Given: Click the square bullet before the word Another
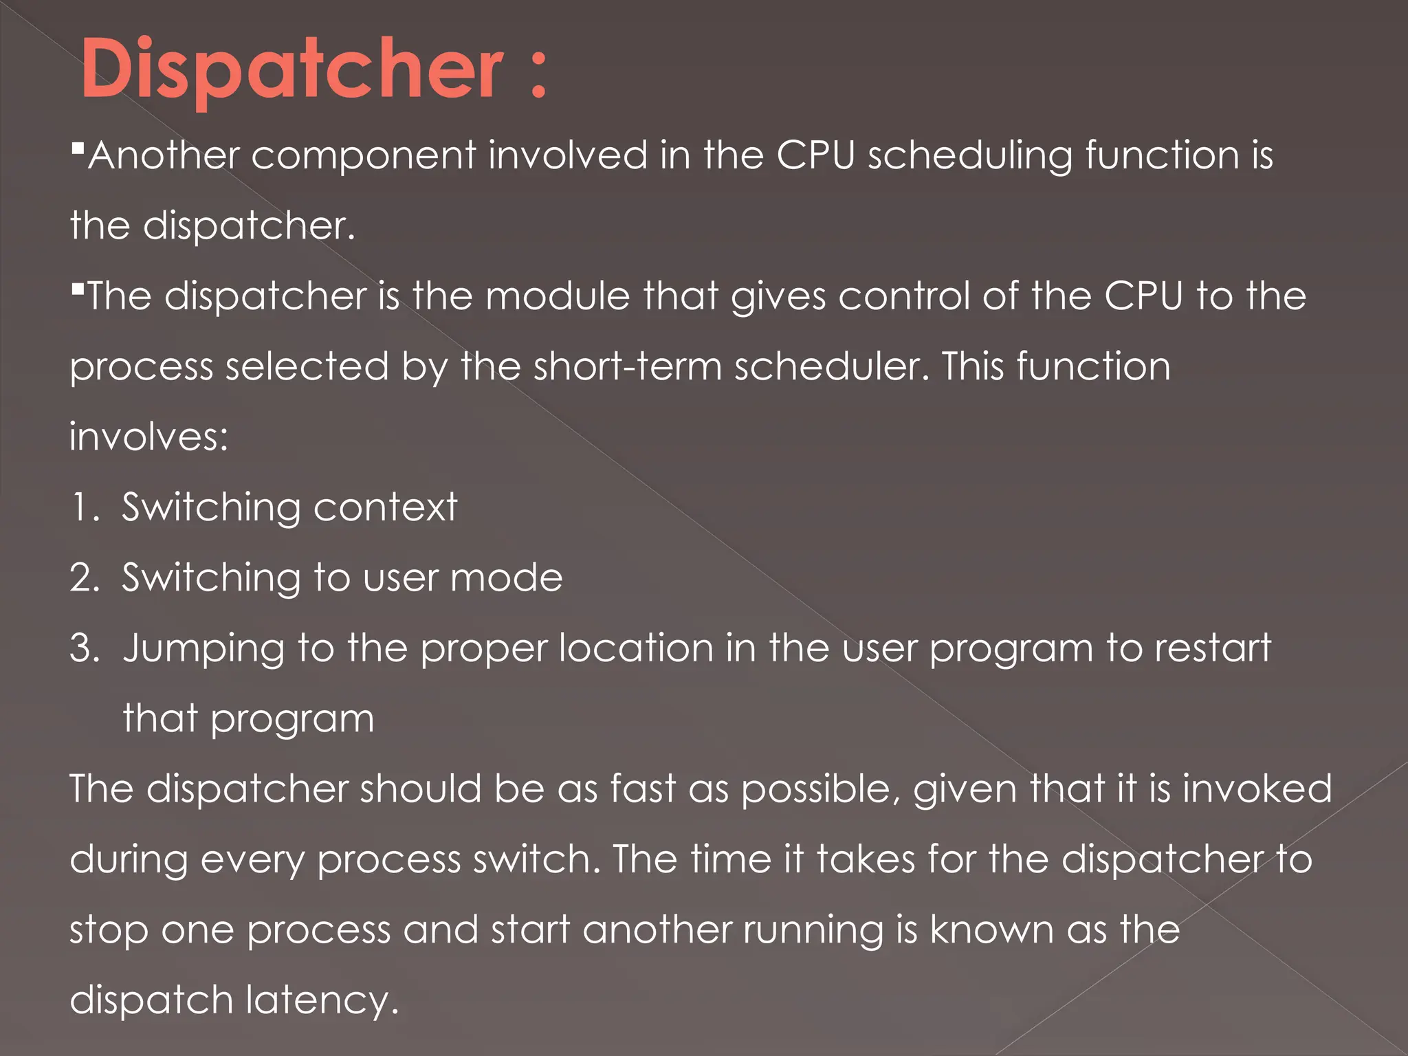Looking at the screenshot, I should point(77,147).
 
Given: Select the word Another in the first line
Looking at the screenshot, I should point(163,155).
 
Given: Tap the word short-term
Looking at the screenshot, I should point(627,366).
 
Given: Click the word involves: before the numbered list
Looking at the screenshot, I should point(148,437).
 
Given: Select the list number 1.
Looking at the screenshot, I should point(83,508).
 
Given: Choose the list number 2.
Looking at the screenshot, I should point(84,578).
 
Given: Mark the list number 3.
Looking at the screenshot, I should point(84,648).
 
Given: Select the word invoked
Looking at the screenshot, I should point(1257,789).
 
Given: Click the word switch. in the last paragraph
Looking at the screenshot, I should point(536,859).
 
